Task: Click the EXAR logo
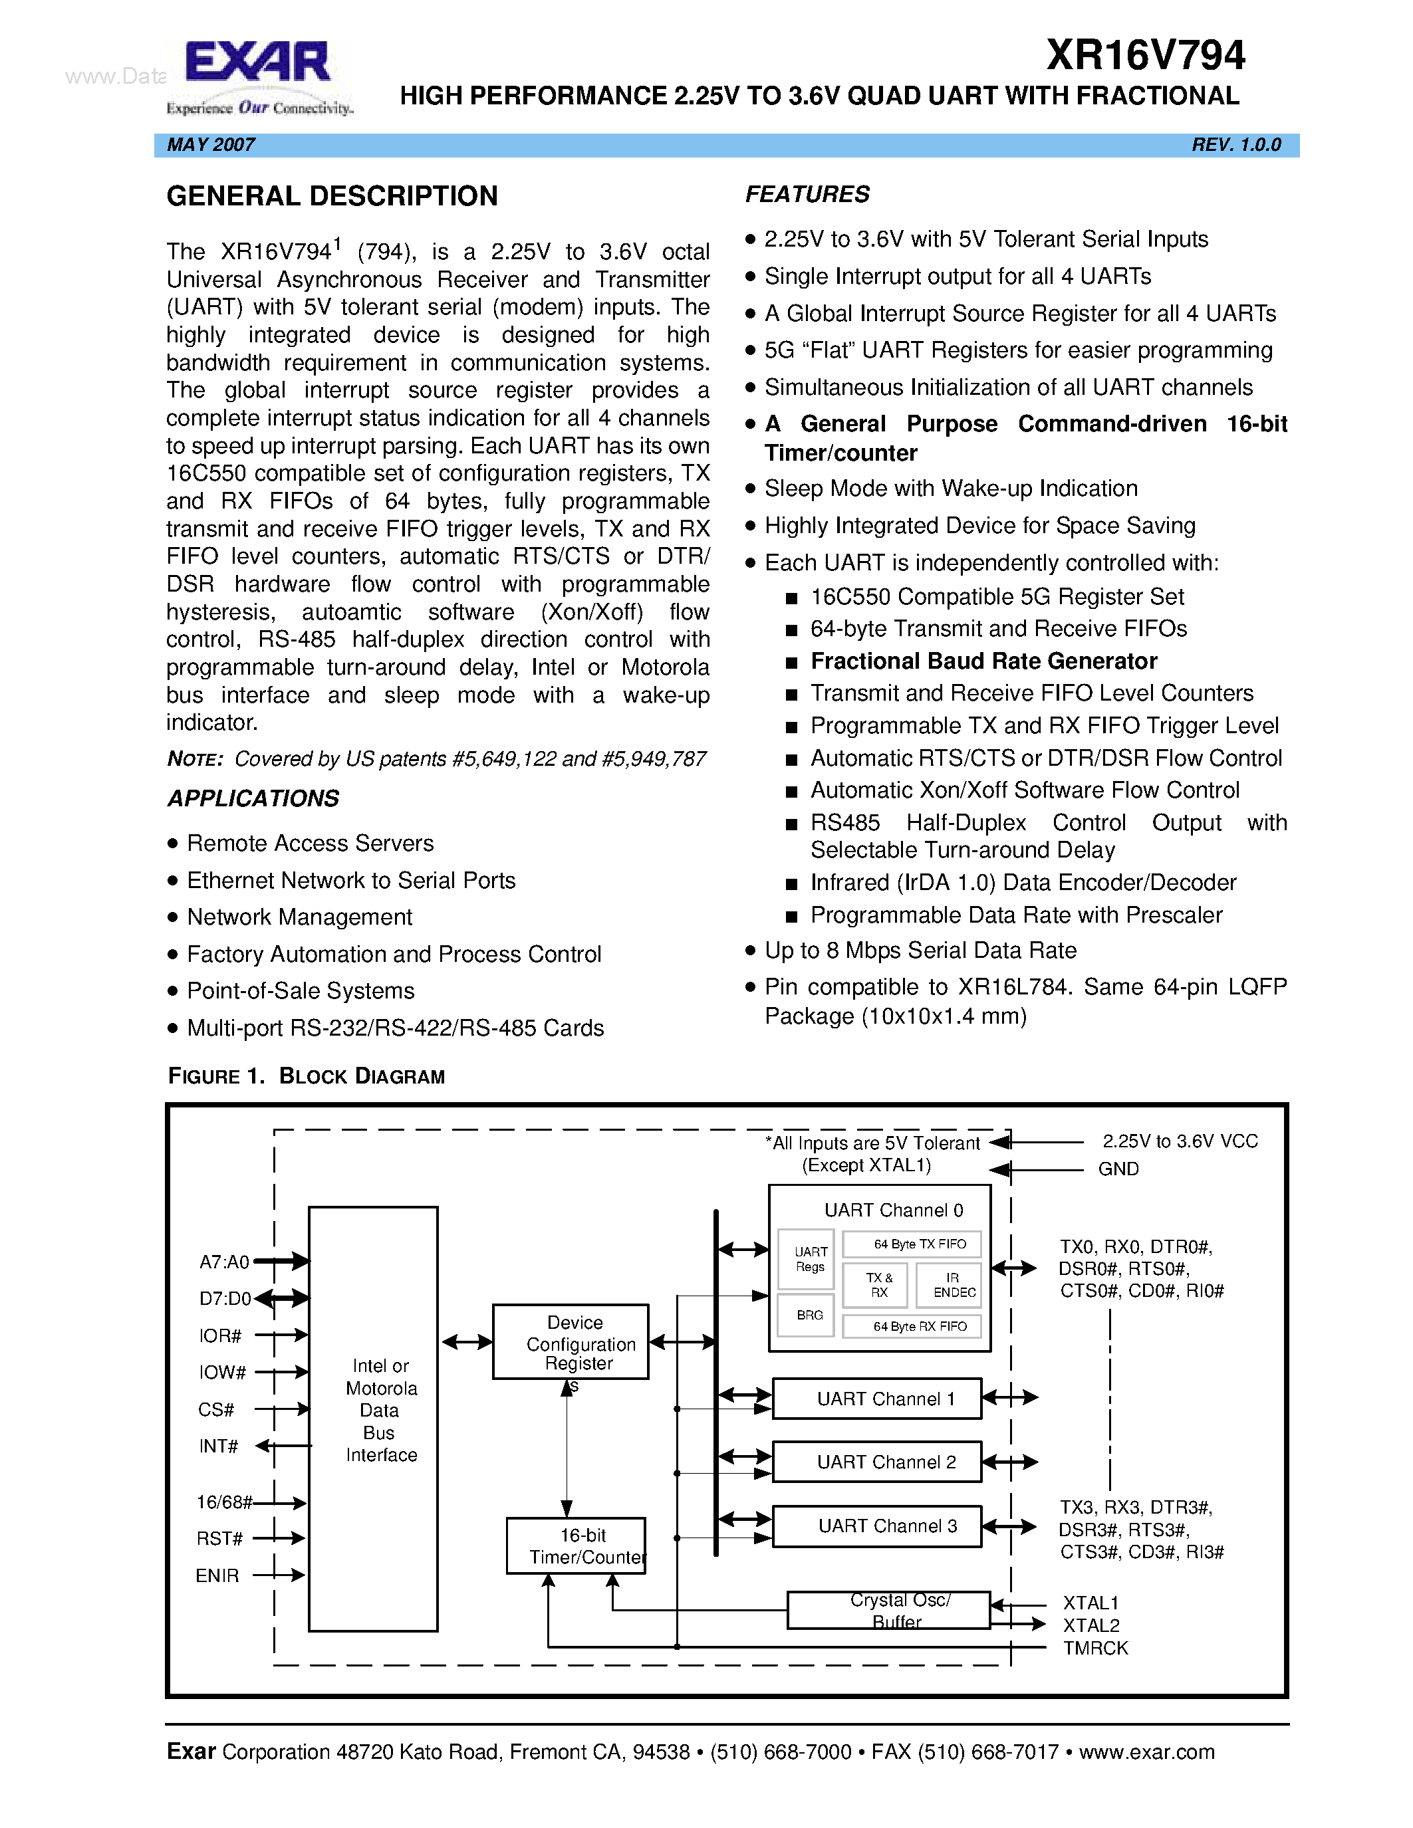click(259, 76)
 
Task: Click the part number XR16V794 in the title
click(1145, 56)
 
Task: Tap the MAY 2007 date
click(211, 145)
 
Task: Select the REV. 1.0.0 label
click(1235, 145)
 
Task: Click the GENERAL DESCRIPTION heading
click(332, 197)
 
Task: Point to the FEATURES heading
click(807, 194)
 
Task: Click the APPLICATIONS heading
click(253, 798)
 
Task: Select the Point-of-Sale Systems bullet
click(300, 991)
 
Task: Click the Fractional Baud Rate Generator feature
click(983, 661)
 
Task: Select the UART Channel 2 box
click(876, 1462)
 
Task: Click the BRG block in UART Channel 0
click(809, 1315)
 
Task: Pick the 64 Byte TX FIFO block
click(911, 1244)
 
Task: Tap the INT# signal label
click(219, 1446)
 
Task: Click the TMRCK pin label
click(1095, 1648)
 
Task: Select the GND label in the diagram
click(1118, 1169)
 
